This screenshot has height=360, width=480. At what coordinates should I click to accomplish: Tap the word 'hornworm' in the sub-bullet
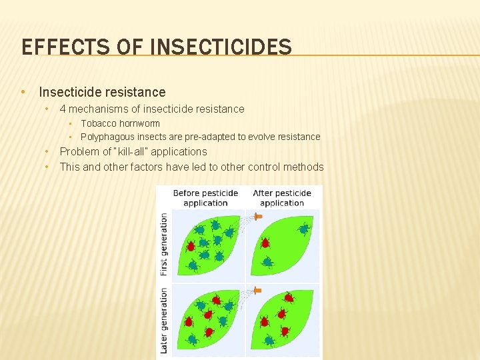(139, 123)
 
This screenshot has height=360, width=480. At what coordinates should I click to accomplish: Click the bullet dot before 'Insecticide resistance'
(23, 92)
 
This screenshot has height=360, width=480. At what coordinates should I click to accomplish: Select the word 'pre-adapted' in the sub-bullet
(221, 137)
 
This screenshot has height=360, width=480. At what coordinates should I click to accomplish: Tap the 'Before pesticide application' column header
(205, 198)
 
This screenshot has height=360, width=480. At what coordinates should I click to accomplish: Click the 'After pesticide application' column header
(282, 198)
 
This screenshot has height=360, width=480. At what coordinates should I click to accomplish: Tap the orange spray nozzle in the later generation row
(257, 290)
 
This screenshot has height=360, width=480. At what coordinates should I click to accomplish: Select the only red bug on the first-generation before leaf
(191, 246)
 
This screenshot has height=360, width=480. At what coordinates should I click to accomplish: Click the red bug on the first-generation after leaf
(265, 243)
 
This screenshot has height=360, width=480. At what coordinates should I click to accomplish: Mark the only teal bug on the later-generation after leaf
(269, 341)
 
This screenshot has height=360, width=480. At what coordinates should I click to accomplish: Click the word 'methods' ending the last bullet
(304, 167)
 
